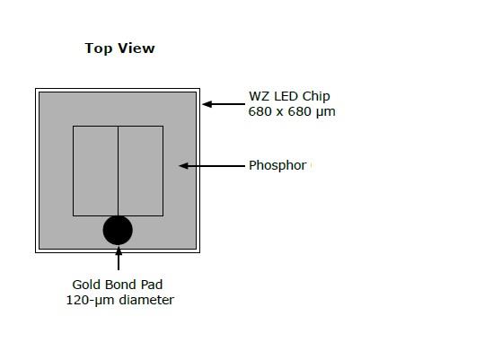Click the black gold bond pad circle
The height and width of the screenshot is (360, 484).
tap(118, 230)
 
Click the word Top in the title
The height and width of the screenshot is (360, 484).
tap(99, 48)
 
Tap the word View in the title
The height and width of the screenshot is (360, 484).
tap(136, 48)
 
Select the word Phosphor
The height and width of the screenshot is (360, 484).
tap(277, 166)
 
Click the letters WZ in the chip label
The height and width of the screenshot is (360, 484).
tap(260, 96)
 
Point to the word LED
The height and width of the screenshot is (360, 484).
tap(286, 96)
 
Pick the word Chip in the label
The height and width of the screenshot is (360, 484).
tap(316, 97)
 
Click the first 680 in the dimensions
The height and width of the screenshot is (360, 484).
tap(260, 111)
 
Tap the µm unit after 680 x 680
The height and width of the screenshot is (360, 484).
tap(325, 112)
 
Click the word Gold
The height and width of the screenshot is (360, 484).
tap(87, 285)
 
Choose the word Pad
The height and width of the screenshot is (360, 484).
tap(152, 285)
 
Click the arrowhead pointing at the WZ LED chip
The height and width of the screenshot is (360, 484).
tap(207, 104)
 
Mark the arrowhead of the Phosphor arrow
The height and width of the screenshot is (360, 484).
tap(184, 166)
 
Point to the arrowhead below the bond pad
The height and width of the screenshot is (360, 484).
tap(119, 250)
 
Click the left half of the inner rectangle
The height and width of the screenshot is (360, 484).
tap(96, 171)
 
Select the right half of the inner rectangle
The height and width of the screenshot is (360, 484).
tap(141, 171)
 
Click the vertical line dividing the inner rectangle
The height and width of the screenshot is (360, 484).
tap(118, 171)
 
